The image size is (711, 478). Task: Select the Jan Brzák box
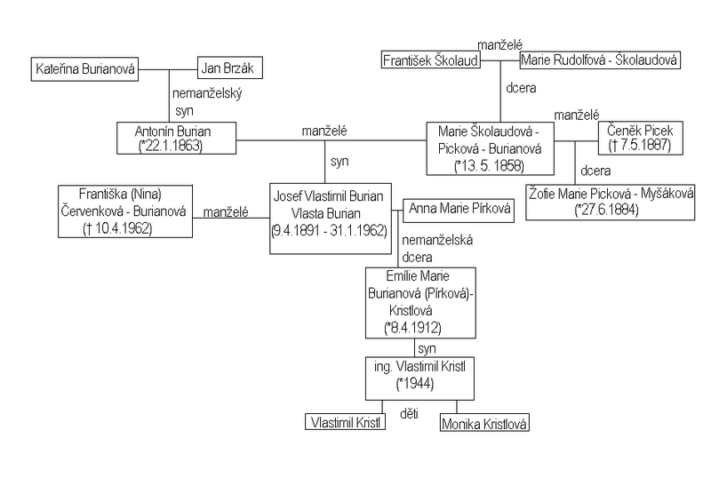pos(230,68)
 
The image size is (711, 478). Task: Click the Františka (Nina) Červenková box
pos(124,211)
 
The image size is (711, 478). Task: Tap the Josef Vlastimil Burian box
pos(329,218)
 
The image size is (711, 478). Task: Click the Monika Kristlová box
pos(484,424)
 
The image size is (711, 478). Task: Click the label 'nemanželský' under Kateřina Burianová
pos(208,92)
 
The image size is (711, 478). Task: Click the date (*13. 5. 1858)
pos(489,166)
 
